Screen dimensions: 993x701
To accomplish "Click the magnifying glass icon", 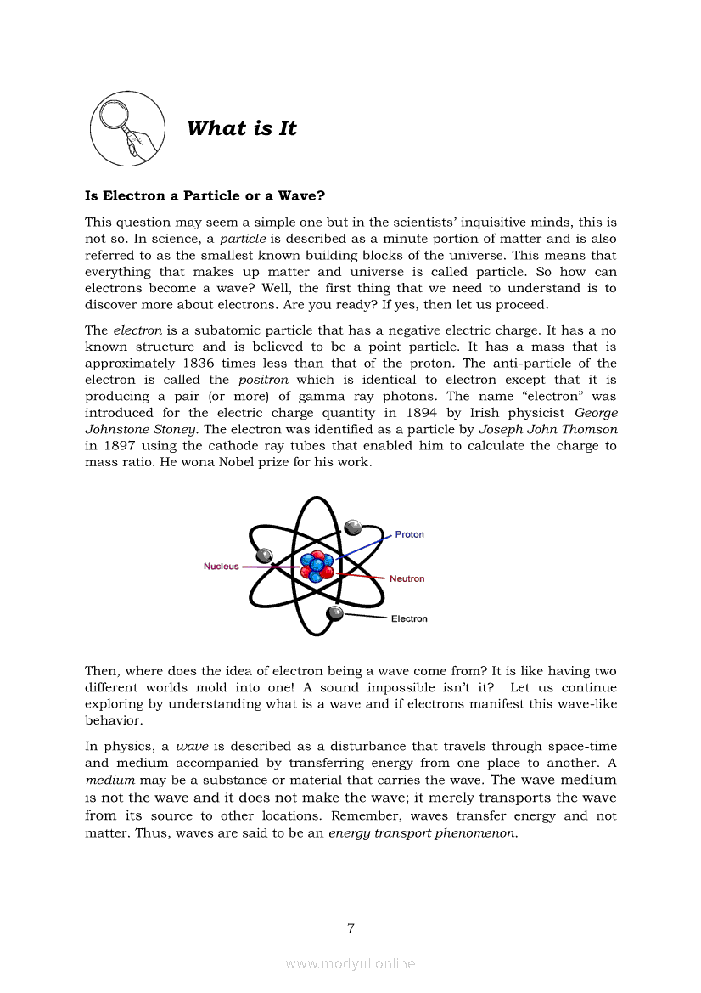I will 126,129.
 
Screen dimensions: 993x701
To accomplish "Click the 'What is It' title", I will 242,128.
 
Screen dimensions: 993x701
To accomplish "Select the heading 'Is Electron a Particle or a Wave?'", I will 205,195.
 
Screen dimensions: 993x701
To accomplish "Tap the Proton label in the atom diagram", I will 409,534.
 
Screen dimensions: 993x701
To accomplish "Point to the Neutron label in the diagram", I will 407,578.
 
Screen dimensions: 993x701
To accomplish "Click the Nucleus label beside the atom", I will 221,567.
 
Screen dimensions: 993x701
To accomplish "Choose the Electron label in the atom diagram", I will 409,618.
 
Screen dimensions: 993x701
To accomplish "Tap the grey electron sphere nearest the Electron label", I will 335,613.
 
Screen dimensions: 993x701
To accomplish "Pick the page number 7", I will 350,928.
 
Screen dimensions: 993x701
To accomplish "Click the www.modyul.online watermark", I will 350,963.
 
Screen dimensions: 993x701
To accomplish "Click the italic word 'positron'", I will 263,380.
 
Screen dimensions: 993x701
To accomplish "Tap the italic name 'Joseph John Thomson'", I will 548,430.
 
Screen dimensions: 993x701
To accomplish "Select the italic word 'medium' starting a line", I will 109,780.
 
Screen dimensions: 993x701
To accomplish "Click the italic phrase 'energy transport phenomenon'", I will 423,833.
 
